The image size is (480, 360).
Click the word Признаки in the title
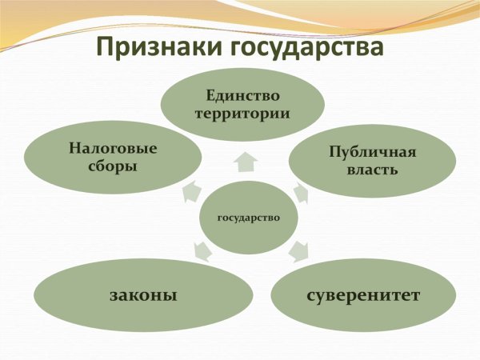(154, 47)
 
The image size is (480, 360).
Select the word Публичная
(373, 152)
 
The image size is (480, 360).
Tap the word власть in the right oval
(373, 170)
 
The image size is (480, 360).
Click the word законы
(142, 294)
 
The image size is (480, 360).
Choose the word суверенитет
(363, 294)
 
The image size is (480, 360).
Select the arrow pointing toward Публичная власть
(301, 193)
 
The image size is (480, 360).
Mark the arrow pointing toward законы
(202, 251)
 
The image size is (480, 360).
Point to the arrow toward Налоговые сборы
(190, 190)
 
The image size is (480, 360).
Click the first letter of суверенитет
(310, 295)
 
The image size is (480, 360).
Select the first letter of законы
(113, 295)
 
